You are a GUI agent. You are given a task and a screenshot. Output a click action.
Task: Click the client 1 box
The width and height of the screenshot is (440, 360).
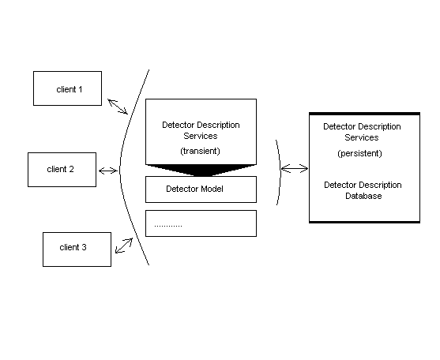click(67, 88)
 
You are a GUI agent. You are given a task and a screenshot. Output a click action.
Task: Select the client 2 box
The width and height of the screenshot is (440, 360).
click(62, 170)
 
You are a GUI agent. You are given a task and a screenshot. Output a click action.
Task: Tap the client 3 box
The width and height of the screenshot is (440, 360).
click(77, 249)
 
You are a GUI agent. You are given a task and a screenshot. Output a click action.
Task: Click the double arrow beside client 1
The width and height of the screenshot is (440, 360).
click(118, 107)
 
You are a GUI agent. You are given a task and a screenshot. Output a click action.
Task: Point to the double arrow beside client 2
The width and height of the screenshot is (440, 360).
click(108, 171)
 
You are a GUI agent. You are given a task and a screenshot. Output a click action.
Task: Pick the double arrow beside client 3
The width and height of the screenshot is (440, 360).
click(124, 246)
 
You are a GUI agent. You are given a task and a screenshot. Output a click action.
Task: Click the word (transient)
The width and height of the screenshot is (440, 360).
click(200, 151)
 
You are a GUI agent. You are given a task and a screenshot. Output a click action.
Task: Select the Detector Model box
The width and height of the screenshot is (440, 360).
click(201, 189)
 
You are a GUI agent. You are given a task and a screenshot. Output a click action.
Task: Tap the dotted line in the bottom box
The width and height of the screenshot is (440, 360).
click(168, 226)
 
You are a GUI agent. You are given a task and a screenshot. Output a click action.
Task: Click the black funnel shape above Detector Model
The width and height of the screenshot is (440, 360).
click(201, 171)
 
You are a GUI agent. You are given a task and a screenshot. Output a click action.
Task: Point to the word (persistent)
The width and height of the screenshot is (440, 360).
click(359, 153)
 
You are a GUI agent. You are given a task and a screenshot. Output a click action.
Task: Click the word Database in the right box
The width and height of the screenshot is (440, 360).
click(363, 196)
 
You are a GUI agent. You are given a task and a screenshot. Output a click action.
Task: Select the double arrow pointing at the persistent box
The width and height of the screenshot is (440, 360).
click(295, 168)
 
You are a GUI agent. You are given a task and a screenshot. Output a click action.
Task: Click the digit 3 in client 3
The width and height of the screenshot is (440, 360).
click(84, 247)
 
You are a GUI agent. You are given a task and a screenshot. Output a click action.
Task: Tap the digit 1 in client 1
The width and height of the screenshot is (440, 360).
click(81, 89)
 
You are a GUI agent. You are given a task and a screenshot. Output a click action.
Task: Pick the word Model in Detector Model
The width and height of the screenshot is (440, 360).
click(212, 189)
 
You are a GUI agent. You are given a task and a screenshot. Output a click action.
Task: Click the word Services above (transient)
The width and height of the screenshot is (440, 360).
click(201, 136)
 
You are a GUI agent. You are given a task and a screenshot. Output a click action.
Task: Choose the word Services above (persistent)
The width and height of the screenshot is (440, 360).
click(362, 137)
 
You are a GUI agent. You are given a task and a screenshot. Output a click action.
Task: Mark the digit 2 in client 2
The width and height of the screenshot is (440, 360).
click(71, 169)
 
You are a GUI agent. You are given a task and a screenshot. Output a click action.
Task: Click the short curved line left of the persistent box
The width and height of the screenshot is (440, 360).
click(280, 171)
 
